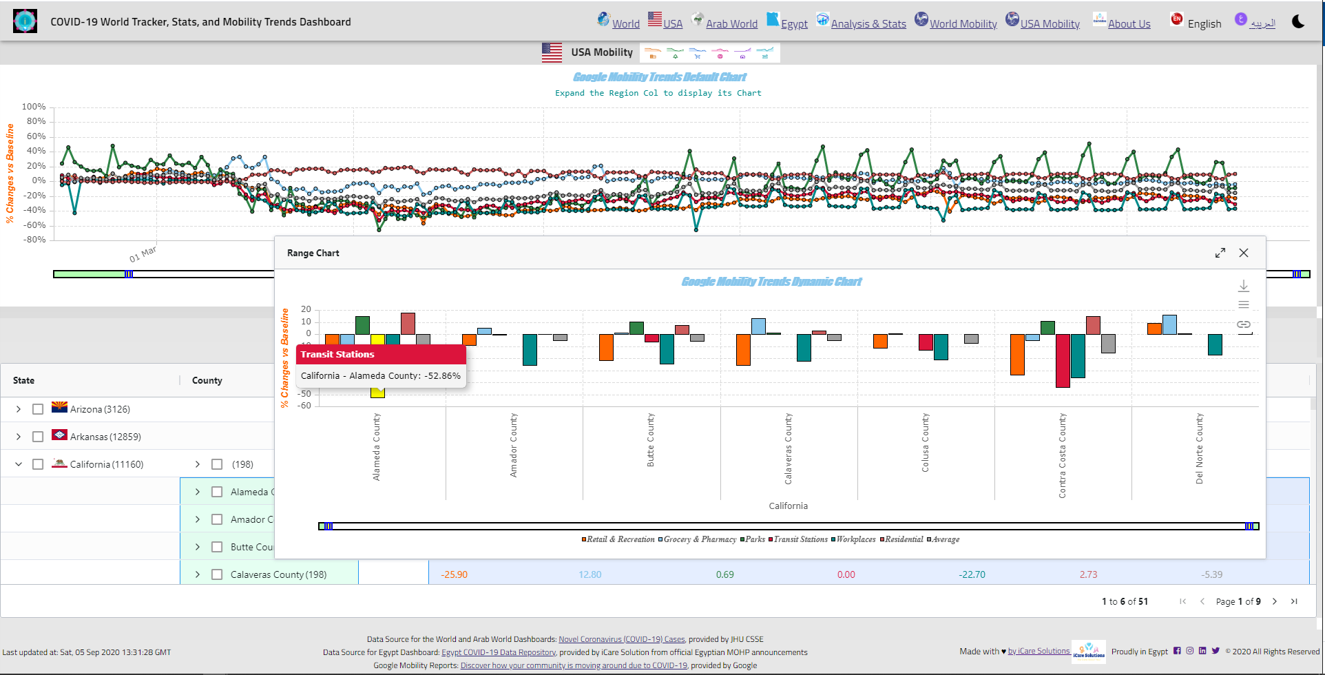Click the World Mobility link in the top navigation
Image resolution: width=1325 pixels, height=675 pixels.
963,24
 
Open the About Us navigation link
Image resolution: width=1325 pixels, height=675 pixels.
1129,24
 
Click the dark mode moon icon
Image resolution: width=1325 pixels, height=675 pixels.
1298,21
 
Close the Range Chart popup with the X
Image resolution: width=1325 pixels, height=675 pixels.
1244,253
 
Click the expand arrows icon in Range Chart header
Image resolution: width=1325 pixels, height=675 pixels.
1220,253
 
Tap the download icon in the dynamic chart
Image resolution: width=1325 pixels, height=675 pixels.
1244,286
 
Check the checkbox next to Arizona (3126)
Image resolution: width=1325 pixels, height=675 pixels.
38,409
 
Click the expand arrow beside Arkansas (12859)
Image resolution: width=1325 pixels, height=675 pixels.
19,437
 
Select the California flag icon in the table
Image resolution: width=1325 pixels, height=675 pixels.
60,464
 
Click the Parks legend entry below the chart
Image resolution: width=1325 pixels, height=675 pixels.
755,539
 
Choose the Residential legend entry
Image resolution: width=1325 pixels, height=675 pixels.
904,539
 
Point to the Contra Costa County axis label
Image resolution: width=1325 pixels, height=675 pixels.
1063,455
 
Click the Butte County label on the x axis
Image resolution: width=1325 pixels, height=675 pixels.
651,440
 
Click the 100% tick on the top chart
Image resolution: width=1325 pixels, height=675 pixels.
34,107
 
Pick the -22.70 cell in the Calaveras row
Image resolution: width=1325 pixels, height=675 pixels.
972,574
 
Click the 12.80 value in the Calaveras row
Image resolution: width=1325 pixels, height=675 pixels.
590,574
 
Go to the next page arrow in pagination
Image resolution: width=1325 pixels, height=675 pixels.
1275,601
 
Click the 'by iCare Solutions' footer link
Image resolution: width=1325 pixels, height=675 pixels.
1039,651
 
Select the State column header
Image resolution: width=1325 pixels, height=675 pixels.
23,380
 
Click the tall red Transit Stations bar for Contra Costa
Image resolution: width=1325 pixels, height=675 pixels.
1063,361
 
